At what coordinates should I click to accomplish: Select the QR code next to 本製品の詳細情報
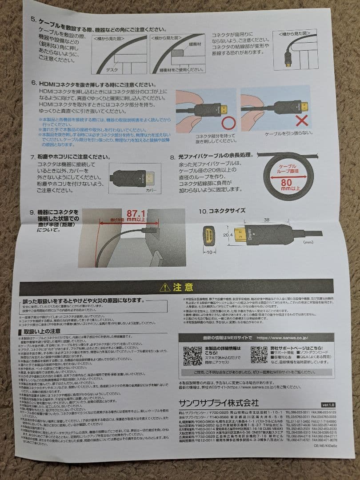point(192,355)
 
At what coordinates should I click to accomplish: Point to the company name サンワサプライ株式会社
point(219,403)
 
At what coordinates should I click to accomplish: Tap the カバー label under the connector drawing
point(152,189)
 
